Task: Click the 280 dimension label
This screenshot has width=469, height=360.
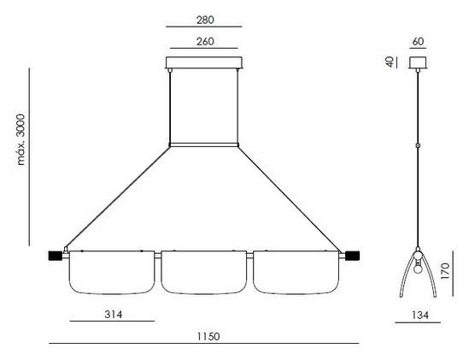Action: pos(205,20)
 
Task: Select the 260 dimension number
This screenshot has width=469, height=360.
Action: pos(205,42)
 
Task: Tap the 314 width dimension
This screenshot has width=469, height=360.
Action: pos(114,315)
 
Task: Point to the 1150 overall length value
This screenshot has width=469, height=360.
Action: pos(208,336)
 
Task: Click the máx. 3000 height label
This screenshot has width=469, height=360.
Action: pos(21,139)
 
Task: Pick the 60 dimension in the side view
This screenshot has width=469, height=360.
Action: pos(418,42)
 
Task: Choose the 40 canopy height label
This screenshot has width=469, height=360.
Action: pos(390,62)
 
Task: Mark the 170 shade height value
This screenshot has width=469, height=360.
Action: pos(445,271)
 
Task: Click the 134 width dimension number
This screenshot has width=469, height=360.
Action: pos(420,315)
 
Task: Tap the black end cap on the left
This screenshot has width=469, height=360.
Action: pos(56,256)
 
